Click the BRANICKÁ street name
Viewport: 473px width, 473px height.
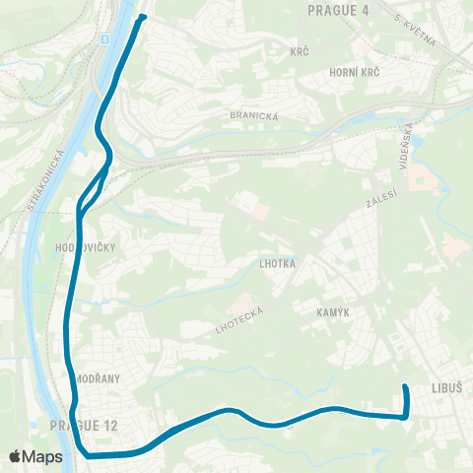point(254,115)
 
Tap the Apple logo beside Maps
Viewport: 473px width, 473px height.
point(17,456)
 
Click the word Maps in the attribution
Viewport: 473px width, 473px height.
point(43,456)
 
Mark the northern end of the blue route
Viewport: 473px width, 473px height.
point(144,17)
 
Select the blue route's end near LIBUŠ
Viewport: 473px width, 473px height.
point(405,385)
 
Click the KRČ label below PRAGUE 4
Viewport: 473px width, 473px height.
point(300,50)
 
